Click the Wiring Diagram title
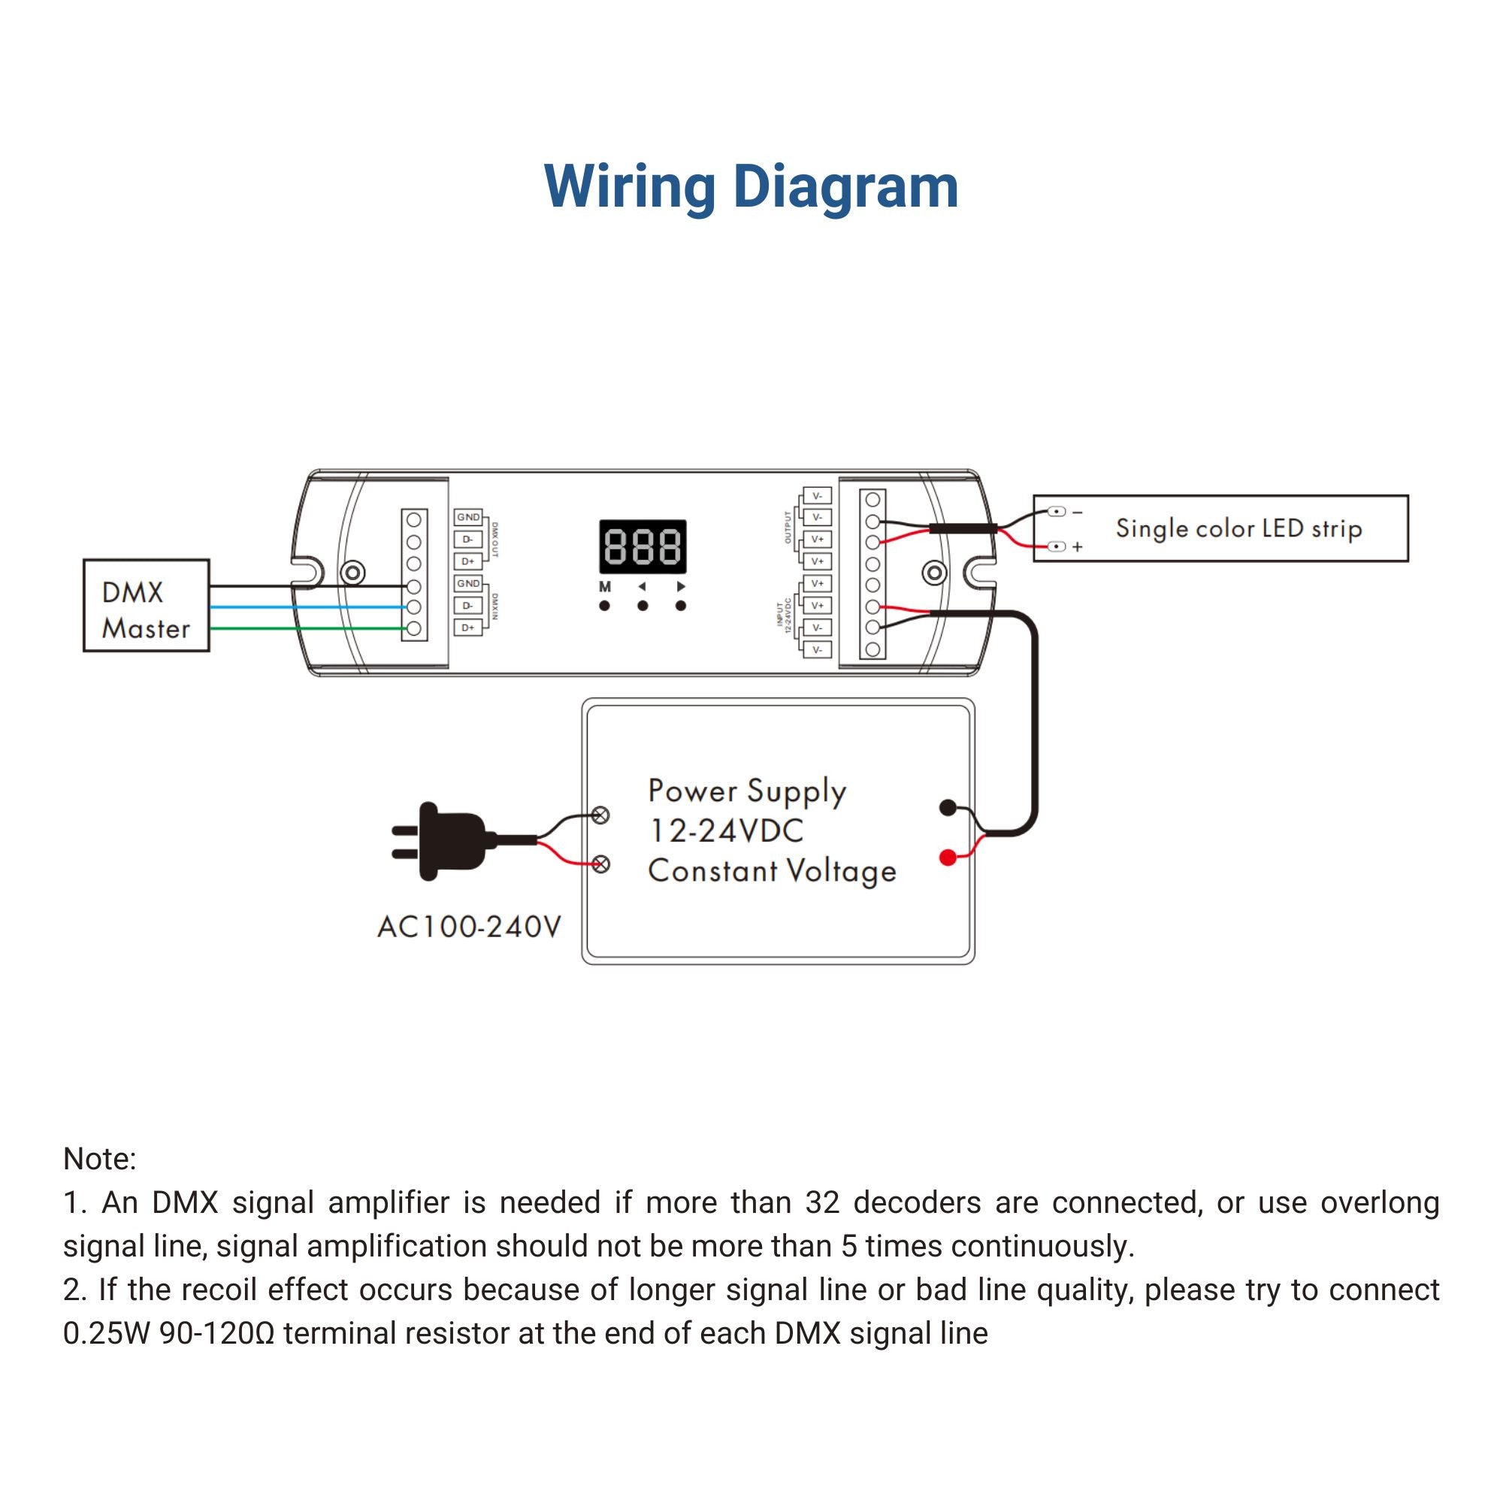tap(751, 187)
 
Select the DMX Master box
tap(147, 605)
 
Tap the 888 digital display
tap(643, 546)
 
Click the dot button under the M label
tap(604, 606)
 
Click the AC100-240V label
tap(469, 927)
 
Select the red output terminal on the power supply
tap(948, 857)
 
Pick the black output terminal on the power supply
tap(948, 808)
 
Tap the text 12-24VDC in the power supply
tap(726, 831)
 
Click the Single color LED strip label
tap(1239, 529)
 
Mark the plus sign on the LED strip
tap(1078, 547)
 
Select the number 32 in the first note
tap(822, 1202)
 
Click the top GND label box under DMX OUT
tap(468, 517)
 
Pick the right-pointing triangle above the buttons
tap(681, 587)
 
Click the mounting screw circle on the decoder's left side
tap(354, 573)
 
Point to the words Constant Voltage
tap(772, 871)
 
